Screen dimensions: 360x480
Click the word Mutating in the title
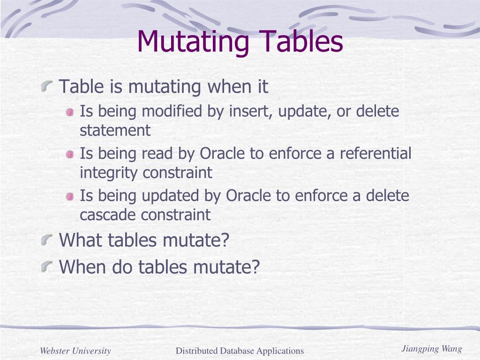[193, 41]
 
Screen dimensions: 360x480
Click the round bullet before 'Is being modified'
[70, 112]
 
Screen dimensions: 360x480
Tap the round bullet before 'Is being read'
[70, 154]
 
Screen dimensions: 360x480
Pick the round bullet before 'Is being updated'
[70, 196]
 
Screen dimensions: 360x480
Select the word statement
[115, 131]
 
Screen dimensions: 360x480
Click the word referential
[375, 154]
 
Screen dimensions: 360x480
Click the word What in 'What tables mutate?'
[82, 240]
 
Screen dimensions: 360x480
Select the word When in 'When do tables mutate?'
[83, 267]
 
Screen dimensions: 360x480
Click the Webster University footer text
[75, 351]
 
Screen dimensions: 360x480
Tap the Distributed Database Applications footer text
[240, 351]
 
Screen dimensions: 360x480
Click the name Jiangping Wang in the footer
[431, 349]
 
